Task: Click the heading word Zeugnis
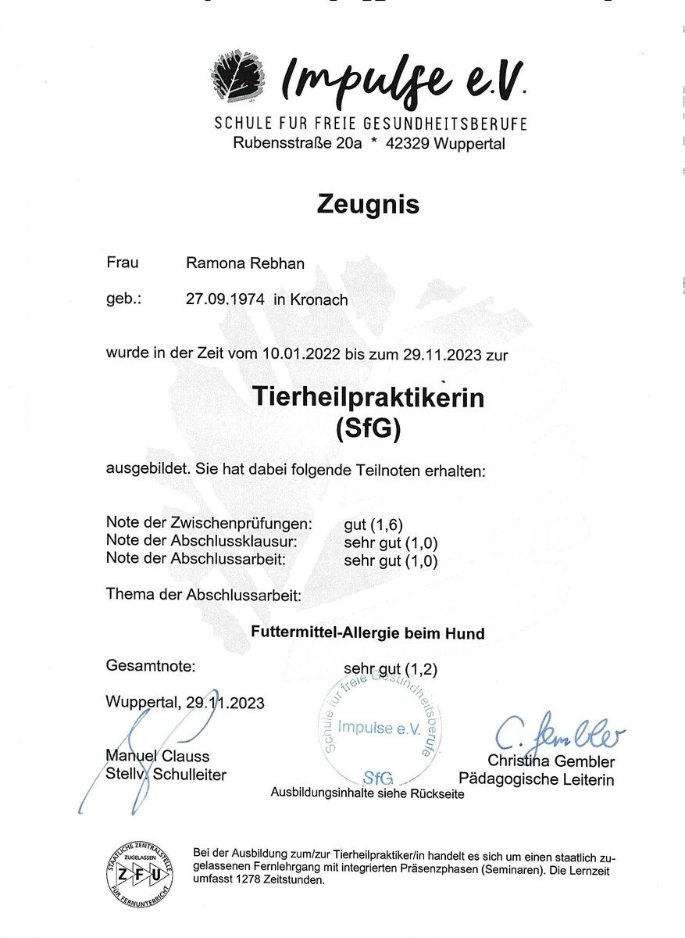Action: [x=369, y=204]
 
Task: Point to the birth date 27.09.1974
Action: [x=223, y=299]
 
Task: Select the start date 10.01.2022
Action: [x=303, y=354]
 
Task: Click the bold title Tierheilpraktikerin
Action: [x=369, y=397]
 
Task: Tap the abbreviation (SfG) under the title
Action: [x=368, y=429]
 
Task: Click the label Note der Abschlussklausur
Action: [x=202, y=542]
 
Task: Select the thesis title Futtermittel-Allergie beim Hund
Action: [x=368, y=633]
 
